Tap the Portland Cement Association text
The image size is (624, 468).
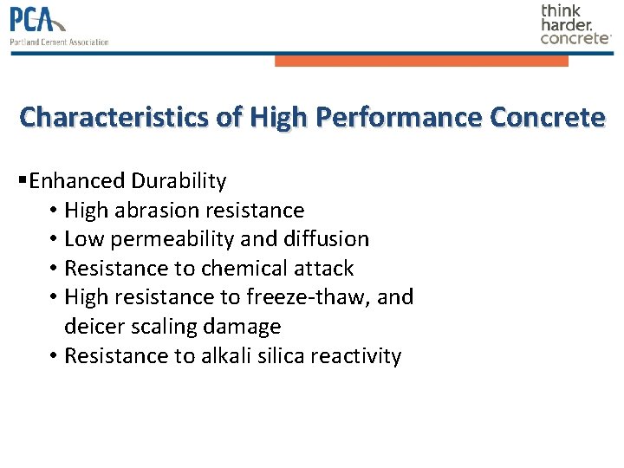(x=59, y=42)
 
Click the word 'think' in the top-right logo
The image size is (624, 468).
(x=562, y=11)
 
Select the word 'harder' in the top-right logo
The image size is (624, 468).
(x=566, y=25)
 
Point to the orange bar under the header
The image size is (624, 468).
(x=421, y=61)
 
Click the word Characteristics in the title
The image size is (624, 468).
(x=118, y=117)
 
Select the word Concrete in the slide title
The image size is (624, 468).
(x=548, y=117)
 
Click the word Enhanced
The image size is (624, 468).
(x=77, y=181)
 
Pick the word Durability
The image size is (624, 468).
(x=179, y=181)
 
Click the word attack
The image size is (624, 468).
(x=322, y=269)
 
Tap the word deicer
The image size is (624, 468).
(x=93, y=327)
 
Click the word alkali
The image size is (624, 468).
(x=226, y=356)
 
